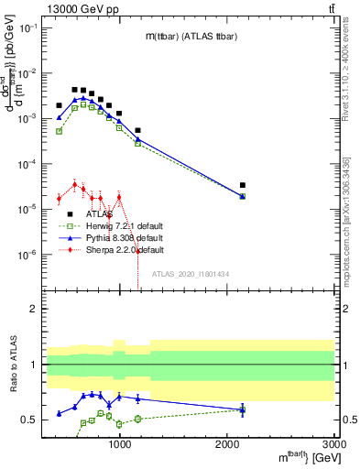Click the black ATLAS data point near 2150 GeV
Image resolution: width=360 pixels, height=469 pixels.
click(x=243, y=185)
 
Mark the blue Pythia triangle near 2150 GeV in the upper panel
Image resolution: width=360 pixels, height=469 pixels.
click(x=243, y=196)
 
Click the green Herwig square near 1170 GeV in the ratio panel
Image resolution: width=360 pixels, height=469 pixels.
click(x=138, y=419)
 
